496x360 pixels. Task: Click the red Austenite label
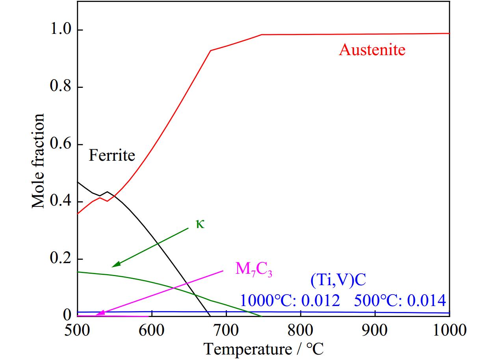coord(372,50)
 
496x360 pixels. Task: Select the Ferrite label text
coord(112,155)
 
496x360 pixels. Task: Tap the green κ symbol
coord(201,224)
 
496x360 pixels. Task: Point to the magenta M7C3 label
coord(254,269)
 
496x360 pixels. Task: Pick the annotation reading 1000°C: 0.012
coord(290,301)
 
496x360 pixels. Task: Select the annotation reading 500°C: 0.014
coord(400,301)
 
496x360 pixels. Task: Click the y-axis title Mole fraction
coord(38,161)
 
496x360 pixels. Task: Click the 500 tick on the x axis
coord(78,330)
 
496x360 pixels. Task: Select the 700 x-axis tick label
coord(226,330)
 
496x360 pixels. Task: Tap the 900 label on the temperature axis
coord(375,330)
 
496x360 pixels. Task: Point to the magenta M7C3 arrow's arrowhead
coord(98,314)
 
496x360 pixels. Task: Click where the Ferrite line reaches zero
coord(210,315)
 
